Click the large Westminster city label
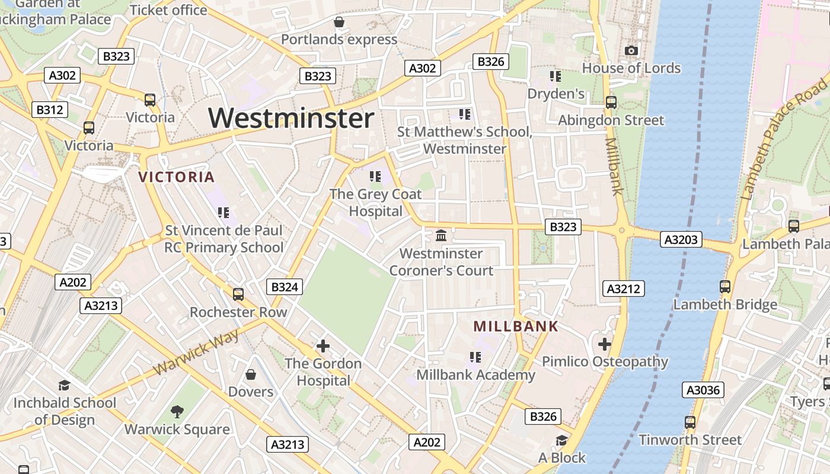point(290,118)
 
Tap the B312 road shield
point(49,110)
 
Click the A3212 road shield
point(624,289)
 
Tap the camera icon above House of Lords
point(631,51)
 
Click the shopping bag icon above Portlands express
point(339,23)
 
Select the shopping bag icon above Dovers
point(251,374)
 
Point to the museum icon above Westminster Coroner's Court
point(440,236)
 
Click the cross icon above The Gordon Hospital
point(323,345)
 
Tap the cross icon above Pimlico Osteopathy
point(604,344)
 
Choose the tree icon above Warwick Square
point(177,411)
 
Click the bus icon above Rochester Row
point(238,294)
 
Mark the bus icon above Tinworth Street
point(689,422)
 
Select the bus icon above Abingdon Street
point(611,103)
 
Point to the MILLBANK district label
point(516,326)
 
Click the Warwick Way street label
point(196,351)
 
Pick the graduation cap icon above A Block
point(561,440)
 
